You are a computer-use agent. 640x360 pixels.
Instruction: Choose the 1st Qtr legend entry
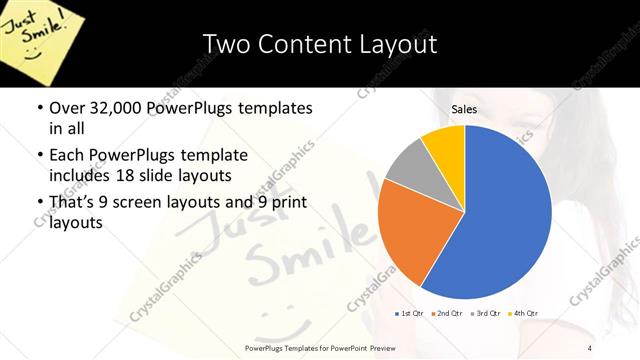pyautogui.click(x=409, y=313)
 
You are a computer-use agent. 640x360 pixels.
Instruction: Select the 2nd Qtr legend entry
pyautogui.click(x=447, y=313)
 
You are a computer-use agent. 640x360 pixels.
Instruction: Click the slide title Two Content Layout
pyautogui.click(x=320, y=44)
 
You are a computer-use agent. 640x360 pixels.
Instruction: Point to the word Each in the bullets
pyautogui.click(x=66, y=156)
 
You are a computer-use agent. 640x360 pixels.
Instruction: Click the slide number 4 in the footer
pyautogui.click(x=590, y=347)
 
